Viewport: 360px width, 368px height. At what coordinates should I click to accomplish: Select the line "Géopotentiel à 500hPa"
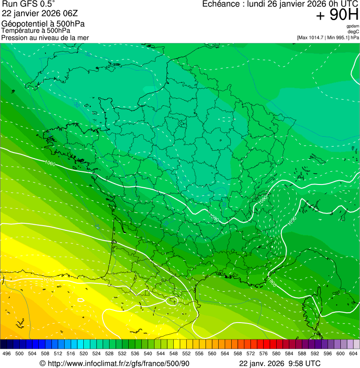(43, 24)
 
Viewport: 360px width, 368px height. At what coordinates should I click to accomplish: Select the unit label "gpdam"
(353, 26)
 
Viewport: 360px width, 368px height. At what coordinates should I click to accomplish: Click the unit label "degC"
(353, 31)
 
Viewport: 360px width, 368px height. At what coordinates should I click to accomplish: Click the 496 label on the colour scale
(7, 353)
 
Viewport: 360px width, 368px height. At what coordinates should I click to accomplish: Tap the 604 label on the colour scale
(353, 353)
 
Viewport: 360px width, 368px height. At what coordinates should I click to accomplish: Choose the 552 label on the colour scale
(186, 353)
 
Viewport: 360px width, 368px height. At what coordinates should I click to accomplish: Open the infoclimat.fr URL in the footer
(118, 363)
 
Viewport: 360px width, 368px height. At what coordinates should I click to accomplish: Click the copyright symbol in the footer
(42, 364)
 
